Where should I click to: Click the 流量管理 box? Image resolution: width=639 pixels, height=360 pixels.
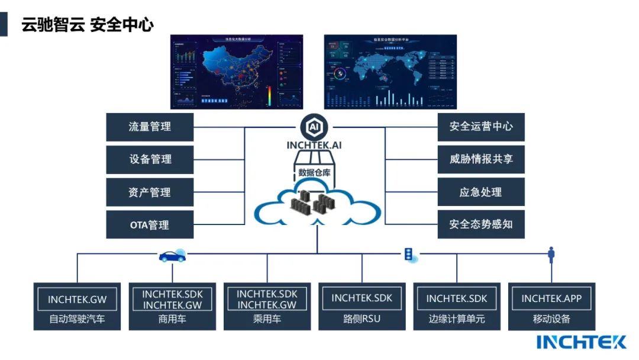[x=150, y=127]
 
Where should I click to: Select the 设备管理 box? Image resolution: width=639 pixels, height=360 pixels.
[x=150, y=159]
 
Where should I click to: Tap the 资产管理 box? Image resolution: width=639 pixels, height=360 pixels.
[x=150, y=192]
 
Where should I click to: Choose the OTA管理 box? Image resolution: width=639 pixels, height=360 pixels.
[x=150, y=225]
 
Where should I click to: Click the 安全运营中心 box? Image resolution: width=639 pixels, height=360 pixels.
[x=480, y=127]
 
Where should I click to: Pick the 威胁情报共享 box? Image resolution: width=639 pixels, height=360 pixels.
[x=480, y=159]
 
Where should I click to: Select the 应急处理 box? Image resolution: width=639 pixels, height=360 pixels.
[x=480, y=192]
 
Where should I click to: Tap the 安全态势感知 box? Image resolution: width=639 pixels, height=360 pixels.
[x=480, y=225]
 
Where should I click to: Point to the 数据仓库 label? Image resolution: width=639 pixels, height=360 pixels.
[x=315, y=173]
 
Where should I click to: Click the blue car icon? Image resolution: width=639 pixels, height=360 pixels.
[x=172, y=256]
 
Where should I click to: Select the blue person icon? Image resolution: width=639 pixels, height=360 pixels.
[x=551, y=255]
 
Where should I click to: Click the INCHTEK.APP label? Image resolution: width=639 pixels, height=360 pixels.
[x=551, y=298]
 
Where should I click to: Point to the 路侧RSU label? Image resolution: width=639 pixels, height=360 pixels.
[x=362, y=319]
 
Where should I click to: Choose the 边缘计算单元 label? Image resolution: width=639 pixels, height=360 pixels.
[x=457, y=319]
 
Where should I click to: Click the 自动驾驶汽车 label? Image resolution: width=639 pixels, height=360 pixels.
[x=77, y=319]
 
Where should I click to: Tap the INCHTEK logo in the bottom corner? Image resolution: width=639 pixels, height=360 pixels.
[x=581, y=342]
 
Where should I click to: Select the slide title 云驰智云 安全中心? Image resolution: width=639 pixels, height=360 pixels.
[x=88, y=25]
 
